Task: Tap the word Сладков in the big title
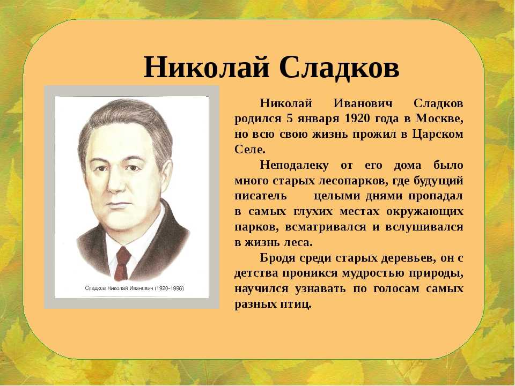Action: pos(340,67)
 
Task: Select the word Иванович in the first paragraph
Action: pos(363,103)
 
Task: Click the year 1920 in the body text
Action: pos(357,118)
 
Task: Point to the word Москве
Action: pos(439,119)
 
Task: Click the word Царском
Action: pos(438,135)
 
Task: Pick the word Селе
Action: pos(250,150)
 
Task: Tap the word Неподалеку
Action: pos(294,166)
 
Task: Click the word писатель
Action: pos(261,196)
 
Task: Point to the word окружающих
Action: pos(425,212)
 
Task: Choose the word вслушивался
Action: pos(424,227)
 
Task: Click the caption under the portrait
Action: pos(134,288)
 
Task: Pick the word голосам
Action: pos(396,289)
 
